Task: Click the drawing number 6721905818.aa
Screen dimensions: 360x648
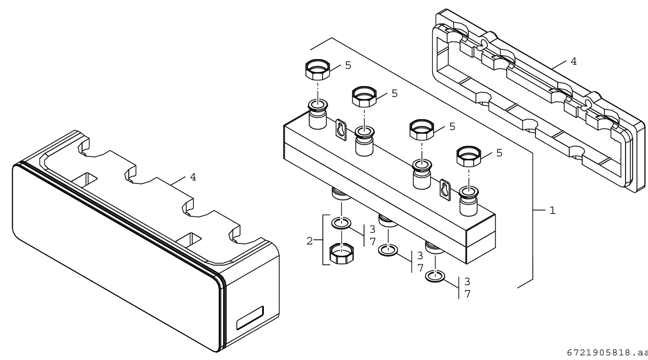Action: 607,353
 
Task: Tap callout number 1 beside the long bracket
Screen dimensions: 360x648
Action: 552,211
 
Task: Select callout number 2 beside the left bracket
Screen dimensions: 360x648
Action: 309,241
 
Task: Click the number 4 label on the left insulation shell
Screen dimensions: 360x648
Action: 193,177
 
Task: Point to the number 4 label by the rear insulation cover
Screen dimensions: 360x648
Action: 573,61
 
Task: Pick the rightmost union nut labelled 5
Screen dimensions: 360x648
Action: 469,157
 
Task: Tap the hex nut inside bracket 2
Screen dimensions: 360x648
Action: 342,254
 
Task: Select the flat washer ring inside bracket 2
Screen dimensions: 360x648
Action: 342,223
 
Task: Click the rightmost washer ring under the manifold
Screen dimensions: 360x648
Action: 435,276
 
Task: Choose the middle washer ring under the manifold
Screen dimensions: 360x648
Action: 388,250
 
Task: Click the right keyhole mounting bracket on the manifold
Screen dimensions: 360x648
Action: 446,191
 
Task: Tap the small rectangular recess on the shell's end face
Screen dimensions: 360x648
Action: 250,319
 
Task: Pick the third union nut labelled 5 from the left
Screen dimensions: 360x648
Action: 422,130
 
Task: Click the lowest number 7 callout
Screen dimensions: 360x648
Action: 467,294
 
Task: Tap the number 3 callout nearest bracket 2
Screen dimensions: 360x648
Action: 372,229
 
